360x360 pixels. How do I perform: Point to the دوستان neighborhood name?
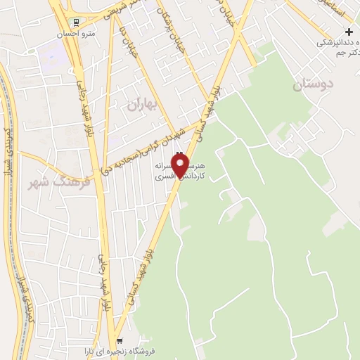pos(311,85)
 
